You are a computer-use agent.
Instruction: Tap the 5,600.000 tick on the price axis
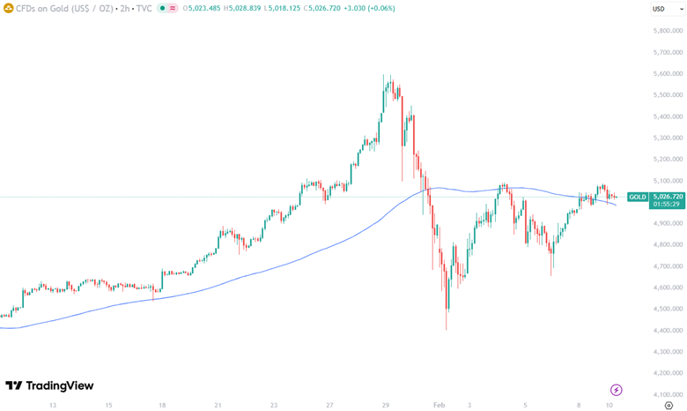[x=666, y=73]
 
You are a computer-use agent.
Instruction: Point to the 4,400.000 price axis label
[x=666, y=330]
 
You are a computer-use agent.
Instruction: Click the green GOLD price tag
[x=637, y=197]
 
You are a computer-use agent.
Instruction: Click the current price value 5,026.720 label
[x=666, y=197]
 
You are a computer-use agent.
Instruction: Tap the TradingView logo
[x=49, y=385]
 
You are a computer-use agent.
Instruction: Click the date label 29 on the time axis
[x=386, y=405]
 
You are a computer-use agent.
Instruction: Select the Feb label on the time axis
[x=440, y=405]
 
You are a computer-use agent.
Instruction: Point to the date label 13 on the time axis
[x=53, y=405]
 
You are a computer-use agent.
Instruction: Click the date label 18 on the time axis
[x=163, y=405]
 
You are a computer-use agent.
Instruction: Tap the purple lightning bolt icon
[x=617, y=389]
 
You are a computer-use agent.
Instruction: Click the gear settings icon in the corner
[x=669, y=405]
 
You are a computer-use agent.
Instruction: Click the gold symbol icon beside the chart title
[x=8, y=8]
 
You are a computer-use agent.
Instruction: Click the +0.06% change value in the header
[x=380, y=8]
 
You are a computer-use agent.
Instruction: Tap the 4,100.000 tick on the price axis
[x=666, y=394]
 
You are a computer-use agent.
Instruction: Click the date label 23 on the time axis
[x=274, y=405]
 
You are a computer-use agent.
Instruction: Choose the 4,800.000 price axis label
[x=666, y=244]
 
